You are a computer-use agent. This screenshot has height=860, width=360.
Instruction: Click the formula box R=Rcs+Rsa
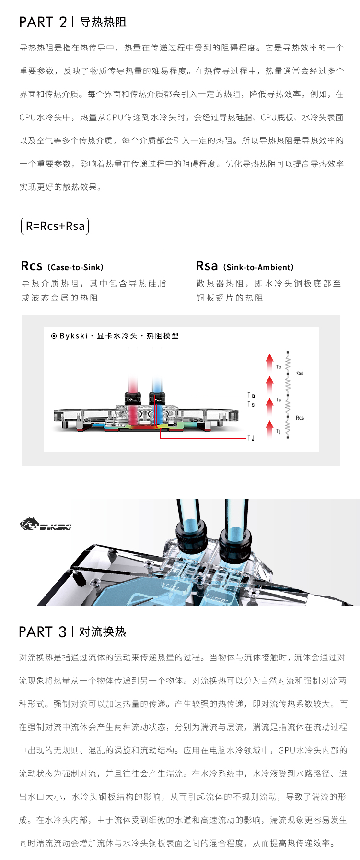(x=55, y=226)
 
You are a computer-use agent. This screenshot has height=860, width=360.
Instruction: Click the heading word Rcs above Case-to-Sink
(x=32, y=266)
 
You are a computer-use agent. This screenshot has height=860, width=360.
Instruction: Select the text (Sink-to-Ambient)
(x=258, y=267)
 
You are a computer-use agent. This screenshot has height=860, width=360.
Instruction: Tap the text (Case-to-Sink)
(x=75, y=267)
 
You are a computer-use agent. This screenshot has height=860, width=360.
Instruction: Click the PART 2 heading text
(x=43, y=22)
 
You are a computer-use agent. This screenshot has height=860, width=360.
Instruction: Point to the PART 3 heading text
(x=43, y=632)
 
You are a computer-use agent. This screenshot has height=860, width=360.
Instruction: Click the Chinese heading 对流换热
(x=103, y=632)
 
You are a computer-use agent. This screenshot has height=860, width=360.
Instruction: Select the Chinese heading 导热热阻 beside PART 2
(x=103, y=22)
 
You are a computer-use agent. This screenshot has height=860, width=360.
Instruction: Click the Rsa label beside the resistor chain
(x=300, y=373)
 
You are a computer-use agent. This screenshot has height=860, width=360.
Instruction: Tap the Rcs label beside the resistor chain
(x=300, y=418)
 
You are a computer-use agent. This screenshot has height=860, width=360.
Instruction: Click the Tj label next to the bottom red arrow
(x=279, y=431)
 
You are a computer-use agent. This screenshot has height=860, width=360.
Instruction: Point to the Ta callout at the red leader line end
(x=251, y=395)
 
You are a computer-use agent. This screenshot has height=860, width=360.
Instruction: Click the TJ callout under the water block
(x=251, y=438)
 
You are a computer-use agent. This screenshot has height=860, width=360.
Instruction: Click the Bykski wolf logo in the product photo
(x=29, y=524)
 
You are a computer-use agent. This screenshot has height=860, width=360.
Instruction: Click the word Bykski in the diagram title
(x=73, y=336)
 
